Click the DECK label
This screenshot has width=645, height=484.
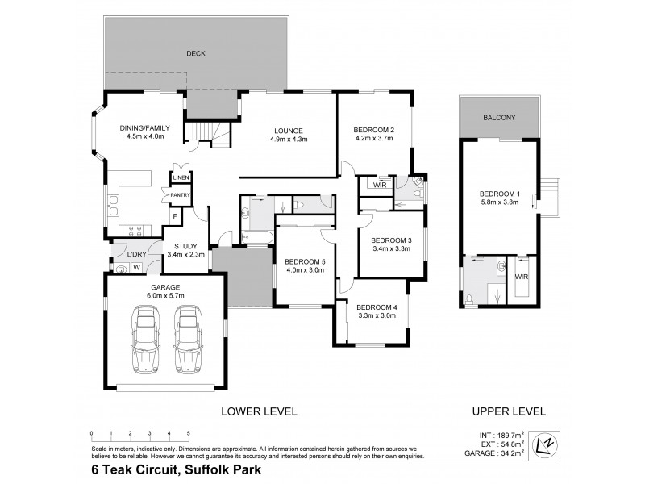(x=196, y=54)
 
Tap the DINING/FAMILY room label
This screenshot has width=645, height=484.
(x=145, y=127)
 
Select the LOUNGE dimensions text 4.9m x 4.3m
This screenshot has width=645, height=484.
(x=288, y=140)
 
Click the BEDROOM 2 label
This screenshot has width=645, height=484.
(x=373, y=130)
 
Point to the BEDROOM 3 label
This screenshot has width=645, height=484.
(x=391, y=240)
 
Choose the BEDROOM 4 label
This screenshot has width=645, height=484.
(x=377, y=307)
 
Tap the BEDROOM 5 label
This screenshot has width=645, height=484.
(x=304, y=261)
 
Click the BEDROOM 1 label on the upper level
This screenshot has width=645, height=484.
(x=500, y=194)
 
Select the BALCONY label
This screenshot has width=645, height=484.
(x=499, y=118)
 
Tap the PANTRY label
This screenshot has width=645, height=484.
(x=178, y=194)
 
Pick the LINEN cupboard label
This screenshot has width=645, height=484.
(x=180, y=177)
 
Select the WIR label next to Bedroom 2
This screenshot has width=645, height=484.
(x=379, y=186)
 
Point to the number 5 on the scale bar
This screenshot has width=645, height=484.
(x=188, y=433)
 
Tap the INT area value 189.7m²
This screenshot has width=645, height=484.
(x=510, y=433)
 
